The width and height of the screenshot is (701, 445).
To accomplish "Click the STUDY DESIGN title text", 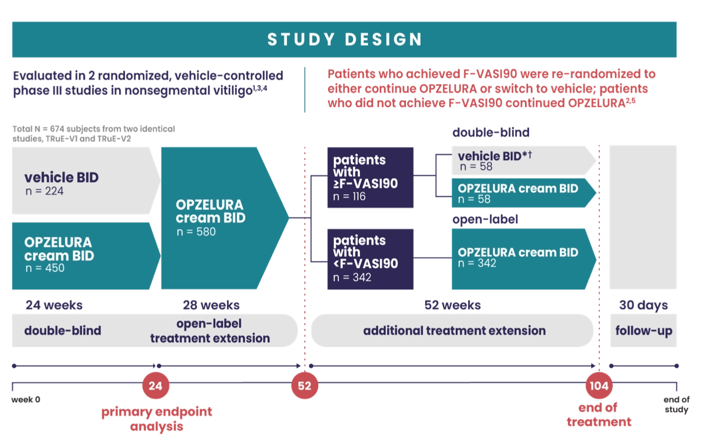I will click(344, 40).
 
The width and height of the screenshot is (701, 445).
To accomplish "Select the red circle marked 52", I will click(305, 386).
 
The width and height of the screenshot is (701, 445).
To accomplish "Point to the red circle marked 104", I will click(599, 386).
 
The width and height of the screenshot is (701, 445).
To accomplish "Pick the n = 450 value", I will click(45, 268).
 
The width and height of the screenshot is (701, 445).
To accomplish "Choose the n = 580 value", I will click(196, 232).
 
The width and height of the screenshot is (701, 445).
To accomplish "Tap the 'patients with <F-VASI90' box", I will click(370, 259).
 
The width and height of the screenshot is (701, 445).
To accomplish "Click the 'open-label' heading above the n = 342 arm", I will click(485, 220).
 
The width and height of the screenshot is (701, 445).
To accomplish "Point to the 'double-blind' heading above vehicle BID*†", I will click(491, 132).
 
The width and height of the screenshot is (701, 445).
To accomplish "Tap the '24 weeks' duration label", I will click(53, 305).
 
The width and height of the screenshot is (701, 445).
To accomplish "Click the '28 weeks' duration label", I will click(211, 305).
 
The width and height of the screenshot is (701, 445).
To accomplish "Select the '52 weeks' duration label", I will click(452, 305).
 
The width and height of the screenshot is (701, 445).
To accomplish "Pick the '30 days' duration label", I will click(644, 305).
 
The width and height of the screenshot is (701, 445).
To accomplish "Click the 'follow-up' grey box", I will click(644, 331).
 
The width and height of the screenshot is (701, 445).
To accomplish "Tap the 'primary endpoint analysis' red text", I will click(157, 419).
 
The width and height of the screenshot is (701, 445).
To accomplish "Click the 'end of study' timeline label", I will click(676, 404).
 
